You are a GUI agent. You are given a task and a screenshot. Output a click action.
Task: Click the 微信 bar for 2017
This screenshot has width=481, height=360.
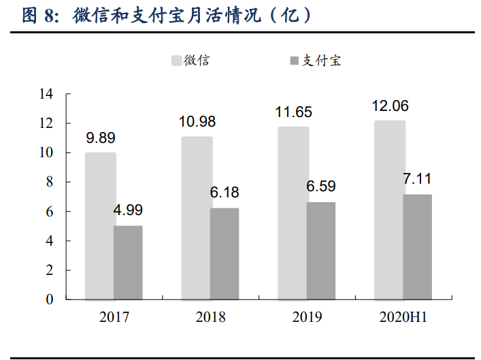(x=100, y=226)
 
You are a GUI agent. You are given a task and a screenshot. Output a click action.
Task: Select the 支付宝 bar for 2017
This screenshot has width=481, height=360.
(x=128, y=263)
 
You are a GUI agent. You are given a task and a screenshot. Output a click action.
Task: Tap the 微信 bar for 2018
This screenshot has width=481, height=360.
(x=197, y=218)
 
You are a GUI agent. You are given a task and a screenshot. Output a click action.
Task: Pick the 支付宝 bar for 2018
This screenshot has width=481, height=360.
(x=225, y=254)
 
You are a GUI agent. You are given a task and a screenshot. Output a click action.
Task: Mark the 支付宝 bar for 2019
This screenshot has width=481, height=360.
(x=321, y=251)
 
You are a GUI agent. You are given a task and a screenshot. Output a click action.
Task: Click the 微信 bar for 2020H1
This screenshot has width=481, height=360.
(x=390, y=210)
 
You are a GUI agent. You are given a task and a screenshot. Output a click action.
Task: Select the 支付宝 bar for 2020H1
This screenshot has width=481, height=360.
(x=417, y=247)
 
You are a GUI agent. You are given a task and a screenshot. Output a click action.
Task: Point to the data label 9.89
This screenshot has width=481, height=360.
(x=100, y=138)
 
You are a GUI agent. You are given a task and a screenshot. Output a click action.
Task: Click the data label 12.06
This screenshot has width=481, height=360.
(x=390, y=106)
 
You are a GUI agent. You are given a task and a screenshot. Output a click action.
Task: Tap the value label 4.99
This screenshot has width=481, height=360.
(x=128, y=210)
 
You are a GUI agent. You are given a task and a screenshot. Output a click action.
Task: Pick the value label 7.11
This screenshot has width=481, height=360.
(x=417, y=179)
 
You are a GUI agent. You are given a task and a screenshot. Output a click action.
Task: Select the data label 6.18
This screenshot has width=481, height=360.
(x=225, y=193)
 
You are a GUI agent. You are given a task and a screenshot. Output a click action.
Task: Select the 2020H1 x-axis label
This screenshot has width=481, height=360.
(x=403, y=317)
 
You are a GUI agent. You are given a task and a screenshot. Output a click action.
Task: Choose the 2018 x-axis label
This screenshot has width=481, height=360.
(x=210, y=317)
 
